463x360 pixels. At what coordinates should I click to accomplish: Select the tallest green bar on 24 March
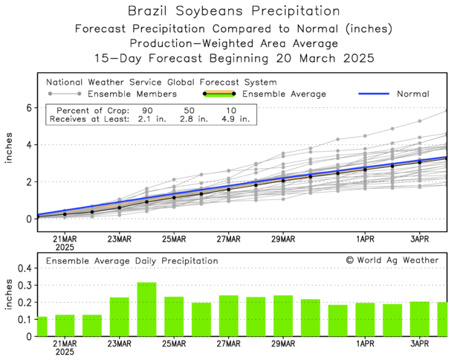point(146,309)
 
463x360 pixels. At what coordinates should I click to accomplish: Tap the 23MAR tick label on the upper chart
point(120,240)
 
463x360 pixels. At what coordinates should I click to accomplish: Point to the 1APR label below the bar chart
point(364,344)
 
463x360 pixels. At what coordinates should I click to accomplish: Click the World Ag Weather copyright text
point(392,260)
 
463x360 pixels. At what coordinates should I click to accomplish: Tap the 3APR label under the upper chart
point(420,240)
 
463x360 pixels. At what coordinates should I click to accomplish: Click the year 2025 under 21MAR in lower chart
point(65,353)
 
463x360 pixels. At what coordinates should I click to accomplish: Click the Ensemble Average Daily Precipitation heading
point(132,261)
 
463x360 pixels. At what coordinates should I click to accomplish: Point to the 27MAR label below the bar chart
point(229,344)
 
